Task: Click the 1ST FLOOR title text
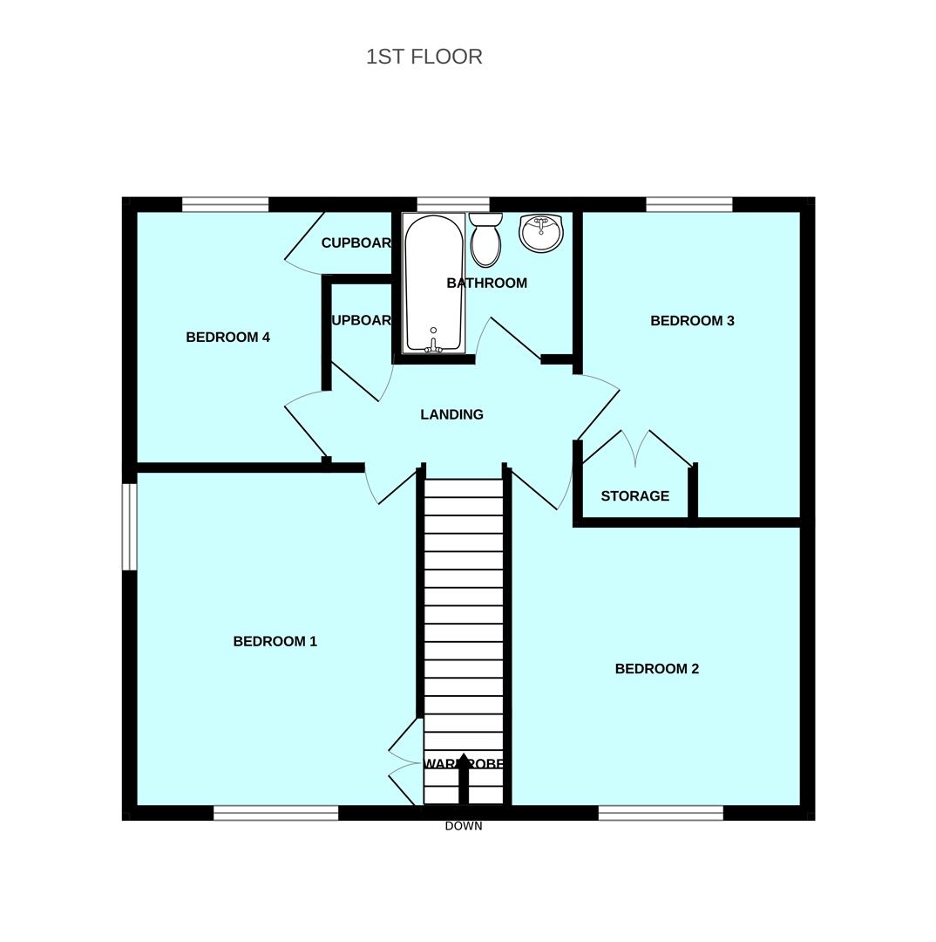tap(424, 57)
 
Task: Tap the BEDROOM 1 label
tap(275, 641)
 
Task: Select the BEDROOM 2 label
tap(656, 669)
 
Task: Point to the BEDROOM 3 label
tap(692, 321)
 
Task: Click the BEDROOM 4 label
tap(227, 338)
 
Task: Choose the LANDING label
tap(451, 415)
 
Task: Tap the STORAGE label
tap(634, 496)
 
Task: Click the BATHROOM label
tap(486, 283)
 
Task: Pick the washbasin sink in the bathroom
tap(540, 233)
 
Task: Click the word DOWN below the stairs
tap(463, 826)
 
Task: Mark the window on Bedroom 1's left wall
tap(129, 526)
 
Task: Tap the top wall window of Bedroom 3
tap(688, 205)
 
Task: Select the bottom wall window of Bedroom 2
tap(661, 813)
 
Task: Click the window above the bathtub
tap(452, 205)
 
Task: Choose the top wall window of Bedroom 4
tap(225, 205)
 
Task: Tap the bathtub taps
tap(433, 346)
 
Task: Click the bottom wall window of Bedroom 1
tap(275, 813)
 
